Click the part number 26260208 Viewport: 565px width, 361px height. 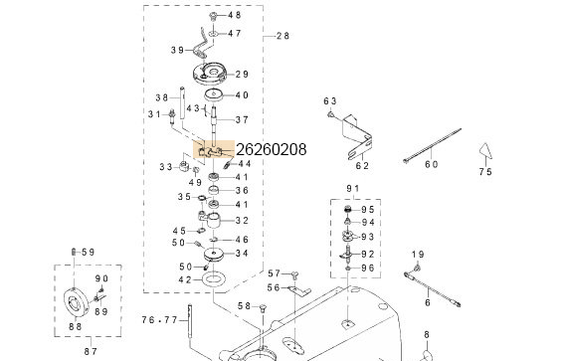point(271,150)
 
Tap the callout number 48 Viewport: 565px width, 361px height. point(235,16)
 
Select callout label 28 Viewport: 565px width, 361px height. point(282,36)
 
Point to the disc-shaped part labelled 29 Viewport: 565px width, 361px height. point(209,74)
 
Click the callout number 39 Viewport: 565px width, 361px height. point(177,50)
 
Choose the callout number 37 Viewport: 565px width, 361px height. point(242,119)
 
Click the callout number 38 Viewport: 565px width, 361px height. point(162,97)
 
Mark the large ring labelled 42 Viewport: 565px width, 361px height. point(214,282)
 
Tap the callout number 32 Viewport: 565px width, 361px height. point(242,220)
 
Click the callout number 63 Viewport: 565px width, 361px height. point(331,100)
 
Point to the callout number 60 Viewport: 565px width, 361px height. point(431,165)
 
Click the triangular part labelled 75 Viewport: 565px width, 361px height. point(484,152)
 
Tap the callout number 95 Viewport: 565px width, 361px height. point(368,209)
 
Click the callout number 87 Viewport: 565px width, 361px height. point(89,350)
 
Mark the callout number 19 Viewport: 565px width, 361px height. point(418,256)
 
